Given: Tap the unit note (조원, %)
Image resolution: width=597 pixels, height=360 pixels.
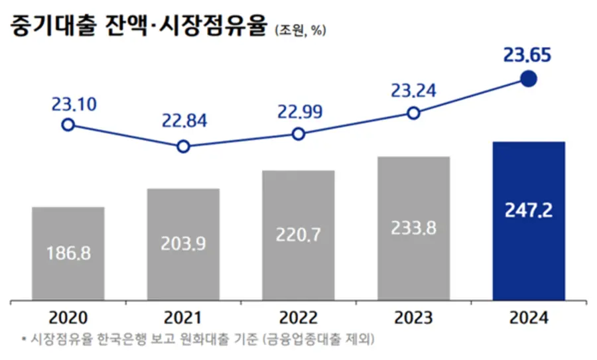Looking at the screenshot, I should point(300,30).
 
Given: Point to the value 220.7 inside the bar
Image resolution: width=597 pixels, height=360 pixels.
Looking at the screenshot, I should point(298,234).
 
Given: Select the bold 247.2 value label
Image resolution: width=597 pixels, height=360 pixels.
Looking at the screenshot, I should point(528,212).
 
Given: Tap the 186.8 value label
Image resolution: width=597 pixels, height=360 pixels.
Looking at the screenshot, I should point(68,253).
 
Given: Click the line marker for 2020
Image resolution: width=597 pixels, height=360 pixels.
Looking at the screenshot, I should point(68,125).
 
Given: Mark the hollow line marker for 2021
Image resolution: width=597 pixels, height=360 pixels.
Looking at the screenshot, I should point(183,146).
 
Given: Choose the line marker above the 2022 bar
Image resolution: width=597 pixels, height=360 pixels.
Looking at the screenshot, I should point(298,134).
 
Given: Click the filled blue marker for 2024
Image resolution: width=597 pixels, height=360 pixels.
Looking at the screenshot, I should point(528,80).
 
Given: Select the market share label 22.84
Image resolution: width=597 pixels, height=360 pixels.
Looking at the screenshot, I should point(184,121).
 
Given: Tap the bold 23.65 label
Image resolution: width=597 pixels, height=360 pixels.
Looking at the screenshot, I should point(527,55).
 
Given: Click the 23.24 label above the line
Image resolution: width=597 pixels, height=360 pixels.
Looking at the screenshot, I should point(413,91).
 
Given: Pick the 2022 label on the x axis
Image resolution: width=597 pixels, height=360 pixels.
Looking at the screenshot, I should point(298,318).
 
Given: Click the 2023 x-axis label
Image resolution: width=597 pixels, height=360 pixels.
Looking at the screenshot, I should point(413,318).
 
